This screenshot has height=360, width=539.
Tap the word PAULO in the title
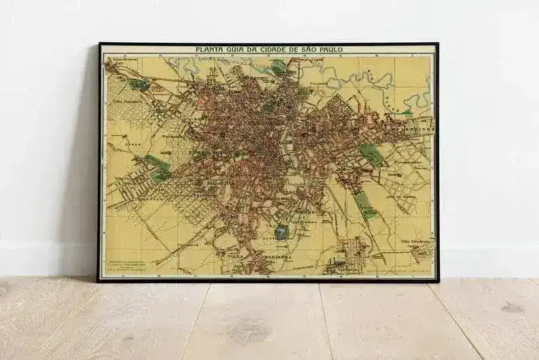point(328,50)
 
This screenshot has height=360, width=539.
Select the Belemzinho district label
point(409,126)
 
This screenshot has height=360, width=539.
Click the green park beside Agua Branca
point(141,84)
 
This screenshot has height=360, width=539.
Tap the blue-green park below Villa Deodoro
point(282,232)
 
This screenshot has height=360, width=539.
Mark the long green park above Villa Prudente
point(365,204)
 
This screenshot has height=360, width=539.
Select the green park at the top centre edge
point(278,67)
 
